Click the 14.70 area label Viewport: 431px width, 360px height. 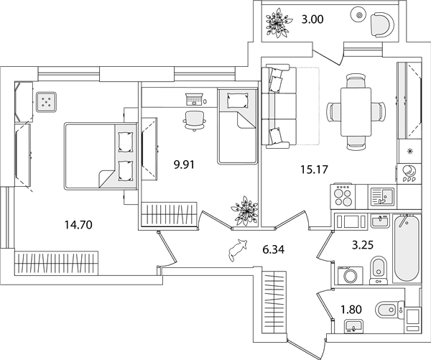click(78, 225)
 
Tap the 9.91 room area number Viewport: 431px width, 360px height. click(184, 165)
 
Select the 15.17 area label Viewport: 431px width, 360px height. click(314, 170)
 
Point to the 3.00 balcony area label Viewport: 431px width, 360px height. click(312, 19)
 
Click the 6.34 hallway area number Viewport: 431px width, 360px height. click(273, 250)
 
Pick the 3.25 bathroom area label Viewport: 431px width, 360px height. click(363, 244)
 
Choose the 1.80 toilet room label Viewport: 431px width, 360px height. click(351, 310)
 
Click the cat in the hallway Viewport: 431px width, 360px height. click(238, 249)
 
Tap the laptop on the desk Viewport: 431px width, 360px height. click(195, 99)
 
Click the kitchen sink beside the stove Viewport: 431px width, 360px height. click(382, 197)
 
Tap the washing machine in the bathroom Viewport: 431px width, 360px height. click(351, 275)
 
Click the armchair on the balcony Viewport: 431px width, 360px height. click(382, 24)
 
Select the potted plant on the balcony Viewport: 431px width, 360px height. click(277, 23)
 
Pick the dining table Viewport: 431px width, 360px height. click(356, 112)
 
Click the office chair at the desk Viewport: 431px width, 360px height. click(195, 120)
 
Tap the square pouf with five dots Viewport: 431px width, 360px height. click(47, 102)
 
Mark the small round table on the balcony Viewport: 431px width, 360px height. click(359, 16)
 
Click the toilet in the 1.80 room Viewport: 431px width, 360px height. click(388, 310)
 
